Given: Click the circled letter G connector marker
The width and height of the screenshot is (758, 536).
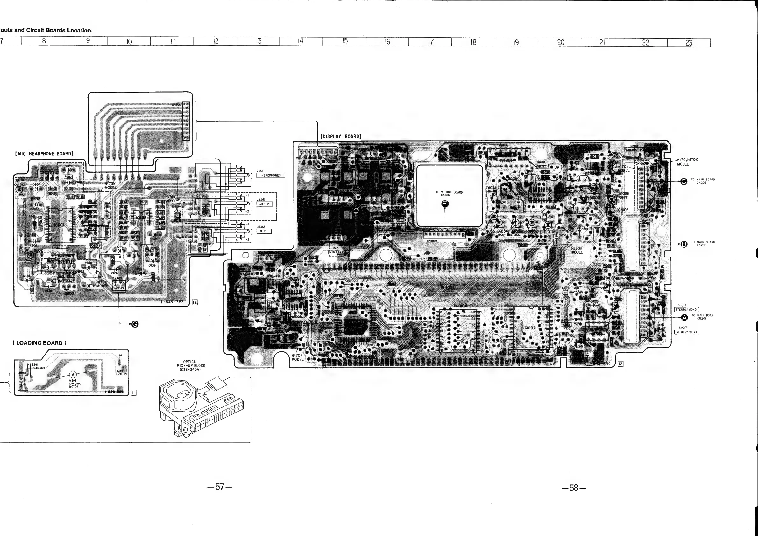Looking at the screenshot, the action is tap(135, 324).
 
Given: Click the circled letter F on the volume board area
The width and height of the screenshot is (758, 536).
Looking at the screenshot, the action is tap(445, 204).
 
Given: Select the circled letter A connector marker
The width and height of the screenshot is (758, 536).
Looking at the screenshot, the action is tap(684, 318).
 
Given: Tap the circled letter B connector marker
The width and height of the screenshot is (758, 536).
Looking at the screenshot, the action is tap(684, 244).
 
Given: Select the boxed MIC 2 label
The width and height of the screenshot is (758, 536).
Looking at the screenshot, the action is tap(264, 204).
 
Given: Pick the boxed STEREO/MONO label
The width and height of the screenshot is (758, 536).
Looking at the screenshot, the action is tap(686, 310).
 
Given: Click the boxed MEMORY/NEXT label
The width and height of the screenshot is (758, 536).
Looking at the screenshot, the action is tap(686, 332).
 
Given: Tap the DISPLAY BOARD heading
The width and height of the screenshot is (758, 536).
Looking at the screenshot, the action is tap(341, 136).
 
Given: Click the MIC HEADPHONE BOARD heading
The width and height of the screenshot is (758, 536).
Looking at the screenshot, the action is tap(44, 154).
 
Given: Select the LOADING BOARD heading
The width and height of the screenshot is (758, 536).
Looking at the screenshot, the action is tap(39, 343).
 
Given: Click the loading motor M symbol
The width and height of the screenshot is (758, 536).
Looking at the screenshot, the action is tap(73, 374).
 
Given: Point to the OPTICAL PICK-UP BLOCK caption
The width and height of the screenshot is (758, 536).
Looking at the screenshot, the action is tap(191, 365).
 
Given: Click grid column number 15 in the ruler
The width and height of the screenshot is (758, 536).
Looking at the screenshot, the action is tap(345, 41).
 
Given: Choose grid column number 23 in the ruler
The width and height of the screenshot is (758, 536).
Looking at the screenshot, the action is tap(689, 43).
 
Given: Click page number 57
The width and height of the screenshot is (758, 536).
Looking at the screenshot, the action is tap(220, 486).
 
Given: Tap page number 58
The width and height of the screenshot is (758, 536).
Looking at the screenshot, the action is tap(574, 488).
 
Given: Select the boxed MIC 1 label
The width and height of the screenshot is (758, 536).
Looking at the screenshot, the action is tap(264, 231).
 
